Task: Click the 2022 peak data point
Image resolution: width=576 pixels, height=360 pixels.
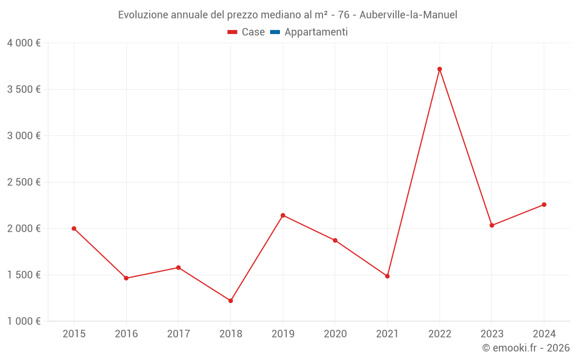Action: [x=439, y=69]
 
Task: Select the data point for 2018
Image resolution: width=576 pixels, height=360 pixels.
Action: [x=230, y=301]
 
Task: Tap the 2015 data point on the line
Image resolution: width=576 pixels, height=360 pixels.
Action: [x=74, y=229]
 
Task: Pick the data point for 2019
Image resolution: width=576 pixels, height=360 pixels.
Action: [x=283, y=215]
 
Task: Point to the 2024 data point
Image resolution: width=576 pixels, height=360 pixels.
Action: [x=544, y=204]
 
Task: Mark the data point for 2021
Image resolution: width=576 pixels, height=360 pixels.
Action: [x=387, y=276]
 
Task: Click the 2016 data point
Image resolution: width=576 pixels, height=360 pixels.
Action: [x=126, y=278]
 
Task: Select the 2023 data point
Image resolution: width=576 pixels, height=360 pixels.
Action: [x=492, y=225]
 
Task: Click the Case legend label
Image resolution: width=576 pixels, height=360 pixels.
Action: [x=253, y=32]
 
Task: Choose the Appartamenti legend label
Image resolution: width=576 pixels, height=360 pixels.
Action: [x=316, y=32]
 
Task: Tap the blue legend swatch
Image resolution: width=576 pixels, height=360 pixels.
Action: [x=275, y=32]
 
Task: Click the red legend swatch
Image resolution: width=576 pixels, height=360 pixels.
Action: [x=232, y=32]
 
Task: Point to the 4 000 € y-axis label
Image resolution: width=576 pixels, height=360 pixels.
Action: [x=24, y=43]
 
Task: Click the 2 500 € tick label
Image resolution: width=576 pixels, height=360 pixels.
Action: [x=24, y=182]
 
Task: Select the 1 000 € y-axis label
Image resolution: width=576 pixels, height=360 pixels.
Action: [x=24, y=321]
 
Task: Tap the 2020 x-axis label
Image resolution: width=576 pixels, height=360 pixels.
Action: [x=335, y=334]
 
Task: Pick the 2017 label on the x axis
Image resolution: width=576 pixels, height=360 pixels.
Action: [x=179, y=334]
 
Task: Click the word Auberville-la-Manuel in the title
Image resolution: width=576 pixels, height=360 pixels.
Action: [x=408, y=15]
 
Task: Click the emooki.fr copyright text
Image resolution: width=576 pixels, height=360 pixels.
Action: [x=526, y=348]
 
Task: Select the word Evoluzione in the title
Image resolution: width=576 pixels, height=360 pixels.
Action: [x=143, y=15]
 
